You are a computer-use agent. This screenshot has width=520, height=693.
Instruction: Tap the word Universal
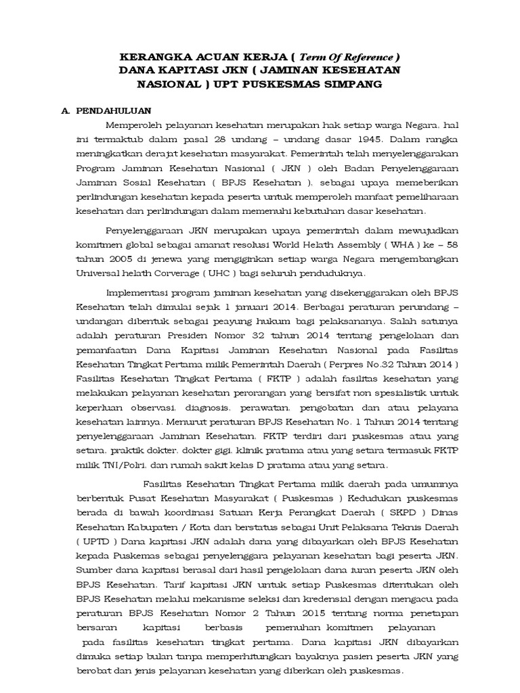coord(99,273)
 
